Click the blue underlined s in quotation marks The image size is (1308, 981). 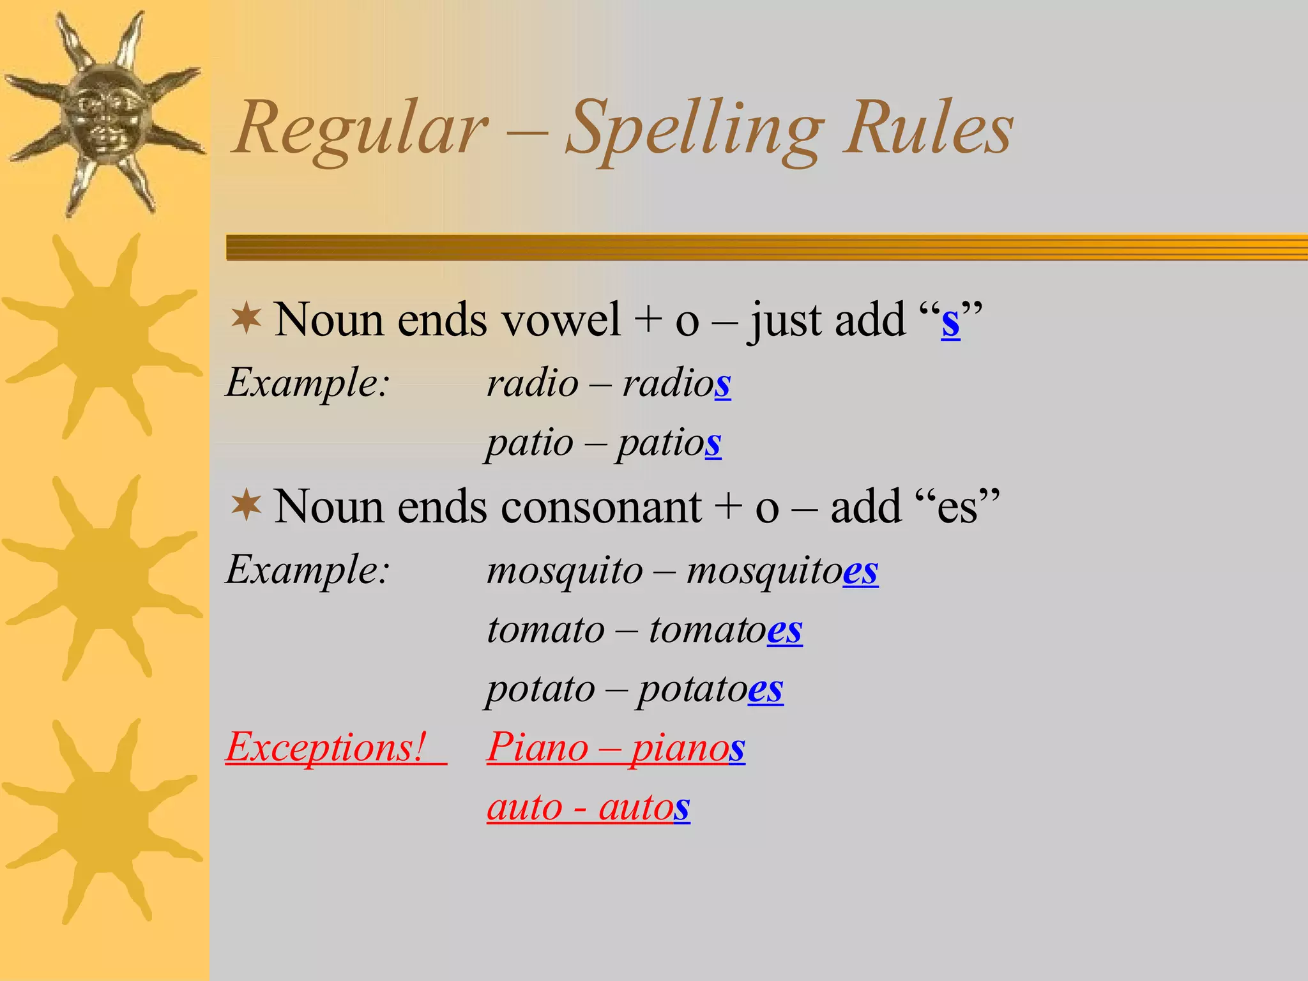pyautogui.click(x=950, y=321)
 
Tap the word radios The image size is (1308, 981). pyautogui.click(x=676, y=384)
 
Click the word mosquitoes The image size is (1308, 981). pyautogui.click(x=782, y=570)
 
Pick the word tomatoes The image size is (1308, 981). pyautogui.click(x=726, y=630)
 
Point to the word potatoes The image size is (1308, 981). pyautogui.click(x=710, y=689)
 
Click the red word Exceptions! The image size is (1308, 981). pyautogui.click(x=326, y=747)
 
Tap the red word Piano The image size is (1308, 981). pyautogui.click(x=537, y=747)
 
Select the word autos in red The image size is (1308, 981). pyautogui.click(x=644, y=807)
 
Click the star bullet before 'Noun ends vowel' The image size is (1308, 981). pyautogui.click(x=247, y=319)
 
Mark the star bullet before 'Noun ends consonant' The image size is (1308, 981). pyautogui.click(x=247, y=506)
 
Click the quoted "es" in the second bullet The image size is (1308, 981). pyautogui.click(x=957, y=507)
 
